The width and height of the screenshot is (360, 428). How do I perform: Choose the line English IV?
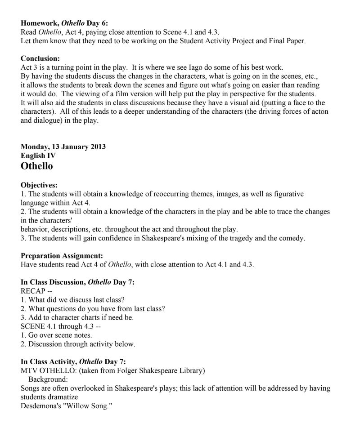pos(38,156)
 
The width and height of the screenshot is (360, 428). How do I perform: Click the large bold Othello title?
pos(37,166)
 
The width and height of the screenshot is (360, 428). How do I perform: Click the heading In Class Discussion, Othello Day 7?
pos(78,282)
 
